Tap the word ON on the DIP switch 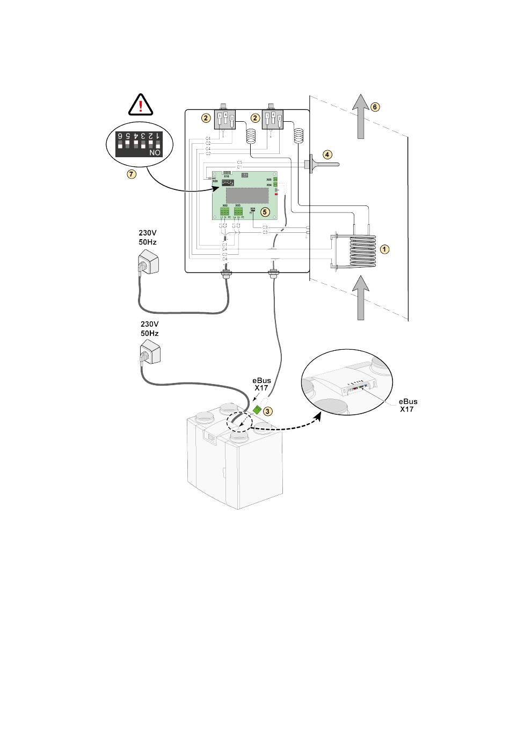tap(155, 153)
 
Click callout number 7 tap(132, 174)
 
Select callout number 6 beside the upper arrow tap(375, 107)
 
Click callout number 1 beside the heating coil tap(384, 249)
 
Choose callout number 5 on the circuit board tap(264, 211)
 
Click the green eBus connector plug tap(257, 410)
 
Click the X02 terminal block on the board tap(224, 212)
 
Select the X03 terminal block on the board tap(238, 212)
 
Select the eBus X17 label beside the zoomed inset tap(408, 405)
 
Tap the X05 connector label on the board tap(269, 179)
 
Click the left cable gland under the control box tap(225, 278)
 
